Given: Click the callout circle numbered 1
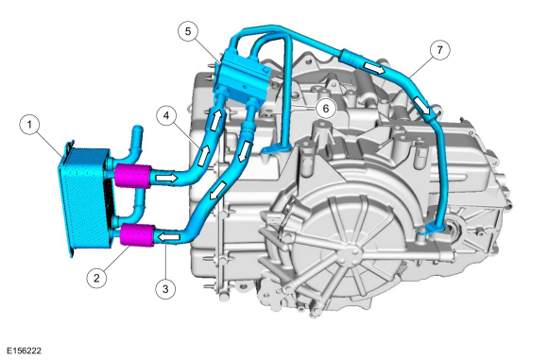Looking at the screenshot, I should pyautogui.click(x=30, y=123).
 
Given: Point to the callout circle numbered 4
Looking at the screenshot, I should pyautogui.click(x=165, y=117).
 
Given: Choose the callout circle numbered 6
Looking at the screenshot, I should pyautogui.click(x=323, y=108).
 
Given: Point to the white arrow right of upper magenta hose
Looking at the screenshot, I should pyautogui.click(x=165, y=177).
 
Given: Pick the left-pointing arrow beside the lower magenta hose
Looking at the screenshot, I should pyautogui.click(x=171, y=232).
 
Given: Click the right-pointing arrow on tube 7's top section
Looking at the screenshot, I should pyautogui.click(x=375, y=69).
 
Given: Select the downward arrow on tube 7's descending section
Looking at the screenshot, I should pyautogui.click(x=431, y=111).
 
